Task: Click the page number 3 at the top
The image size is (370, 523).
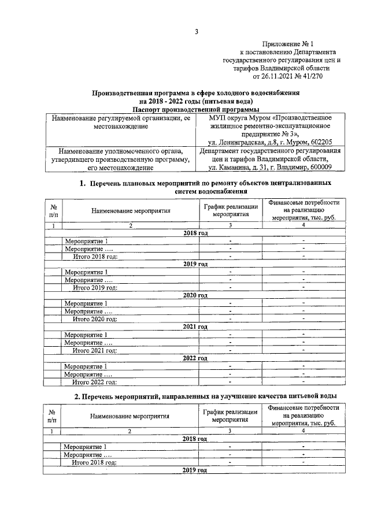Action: (x=196, y=32)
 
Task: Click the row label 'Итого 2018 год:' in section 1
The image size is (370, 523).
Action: (x=95, y=255)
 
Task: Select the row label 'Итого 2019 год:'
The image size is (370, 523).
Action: (x=95, y=287)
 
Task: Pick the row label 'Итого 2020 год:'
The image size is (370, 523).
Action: (x=95, y=318)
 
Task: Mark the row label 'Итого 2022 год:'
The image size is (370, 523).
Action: (x=95, y=381)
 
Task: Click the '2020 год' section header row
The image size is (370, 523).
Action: (x=195, y=295)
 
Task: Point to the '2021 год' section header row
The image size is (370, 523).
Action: (x=195, y=327)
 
